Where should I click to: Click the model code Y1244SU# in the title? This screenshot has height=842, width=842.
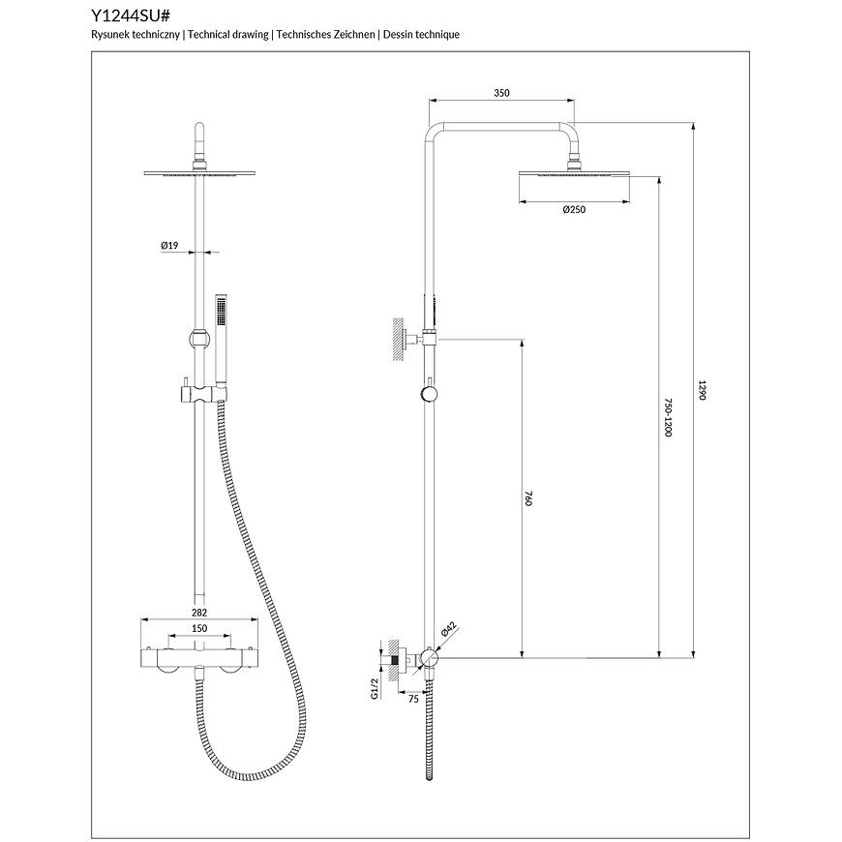[x=131, y=15]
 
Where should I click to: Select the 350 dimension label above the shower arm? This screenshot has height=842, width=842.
[x=501, y=93]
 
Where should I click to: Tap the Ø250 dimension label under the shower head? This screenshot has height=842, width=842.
[x=574, y=209]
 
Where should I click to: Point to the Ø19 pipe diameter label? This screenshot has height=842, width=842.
[x=169, y=246]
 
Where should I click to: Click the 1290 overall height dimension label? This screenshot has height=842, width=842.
[x=702, y=390]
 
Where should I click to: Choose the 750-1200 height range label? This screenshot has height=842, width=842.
[x=668, y=417]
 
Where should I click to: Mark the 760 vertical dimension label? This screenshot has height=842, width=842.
[x=527, y=498]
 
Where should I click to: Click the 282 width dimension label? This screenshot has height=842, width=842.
[x=199, y=613]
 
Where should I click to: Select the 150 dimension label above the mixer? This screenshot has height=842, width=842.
[x=199, y=628]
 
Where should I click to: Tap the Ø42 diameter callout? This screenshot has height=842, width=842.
[x=448, y=629]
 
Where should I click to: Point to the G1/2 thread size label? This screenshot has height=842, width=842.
[x=375, y=688]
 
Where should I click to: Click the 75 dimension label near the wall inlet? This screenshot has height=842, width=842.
[x=413, y=699]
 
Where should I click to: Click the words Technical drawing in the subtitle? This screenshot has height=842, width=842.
[x=228, y=35]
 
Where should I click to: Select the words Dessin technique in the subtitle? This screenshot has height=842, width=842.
[x=422, y=35]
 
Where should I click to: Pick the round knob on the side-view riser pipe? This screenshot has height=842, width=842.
[x=429, y=395]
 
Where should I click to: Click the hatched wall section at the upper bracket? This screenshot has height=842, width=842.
[x=397, y=339]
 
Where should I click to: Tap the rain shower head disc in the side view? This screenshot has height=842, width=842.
[x=574, y=173]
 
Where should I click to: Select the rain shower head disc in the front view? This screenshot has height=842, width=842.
[x=199, y=173]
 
